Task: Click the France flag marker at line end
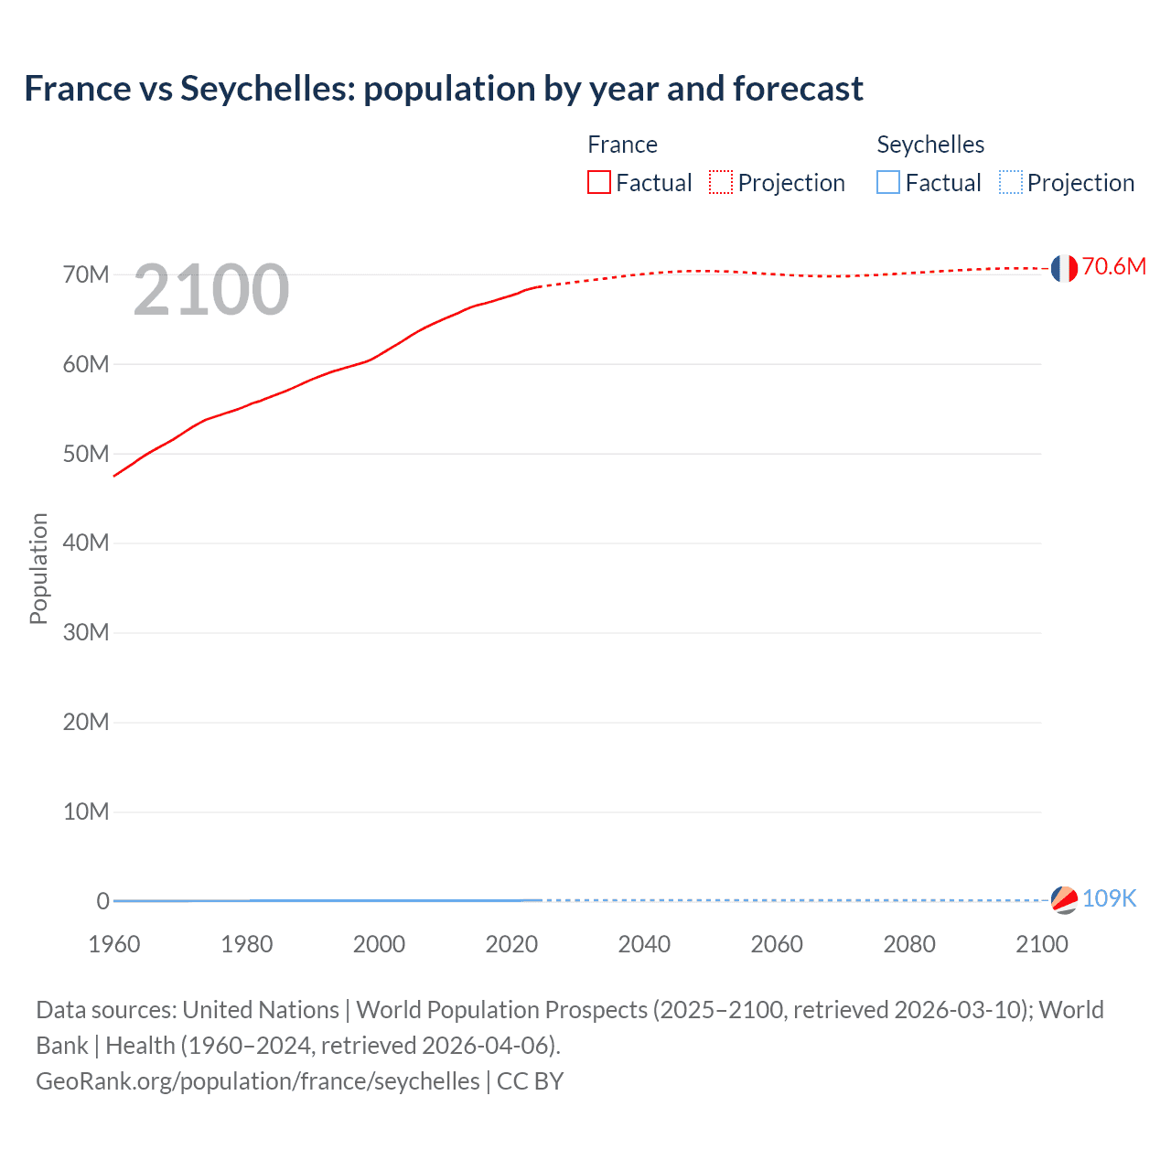tap(1063, 268)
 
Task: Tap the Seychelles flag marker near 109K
tap(1063, 899)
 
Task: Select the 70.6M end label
tap(1113, 266)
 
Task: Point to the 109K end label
tap(1109, 898)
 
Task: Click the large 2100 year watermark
tap(211, 290)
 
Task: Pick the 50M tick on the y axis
tap(86, 454)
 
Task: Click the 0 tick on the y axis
tap(102, 901)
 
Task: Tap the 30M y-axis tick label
tap(86, 632)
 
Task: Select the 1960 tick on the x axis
tap(114, 944)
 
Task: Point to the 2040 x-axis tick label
tap(644, 944)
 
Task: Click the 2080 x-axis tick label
tap(909, 944)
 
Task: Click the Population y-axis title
tap(38, 568)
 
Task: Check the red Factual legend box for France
tap(599, 182)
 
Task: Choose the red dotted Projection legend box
tap(721, 182)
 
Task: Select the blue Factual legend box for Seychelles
tap(888, 182)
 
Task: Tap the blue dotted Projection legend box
tap(1010, 182)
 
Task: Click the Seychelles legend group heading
tap(930, 145)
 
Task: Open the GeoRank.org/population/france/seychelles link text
tap(258, 1081)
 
